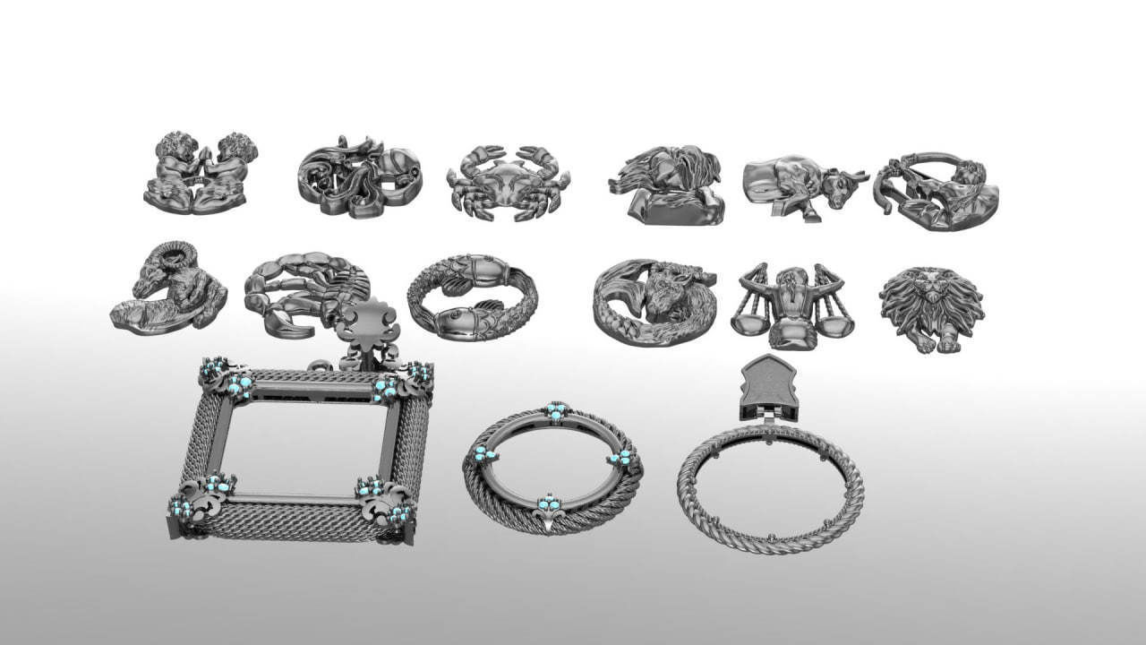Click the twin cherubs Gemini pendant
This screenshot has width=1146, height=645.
[201, 173]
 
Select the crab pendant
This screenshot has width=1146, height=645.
[508, 181]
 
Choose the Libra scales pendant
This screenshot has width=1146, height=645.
[791, 305]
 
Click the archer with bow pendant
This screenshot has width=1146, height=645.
[936, 191]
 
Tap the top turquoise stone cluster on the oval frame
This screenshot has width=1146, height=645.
[556, 411]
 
